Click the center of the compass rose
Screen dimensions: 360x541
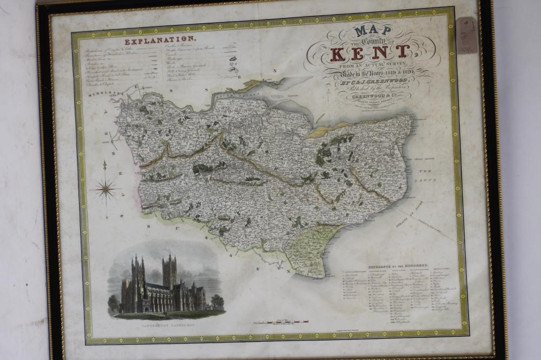tap(106, 188)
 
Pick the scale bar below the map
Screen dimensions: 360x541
tap(281, 323)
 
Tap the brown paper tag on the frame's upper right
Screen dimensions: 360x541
tap(466, 34)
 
